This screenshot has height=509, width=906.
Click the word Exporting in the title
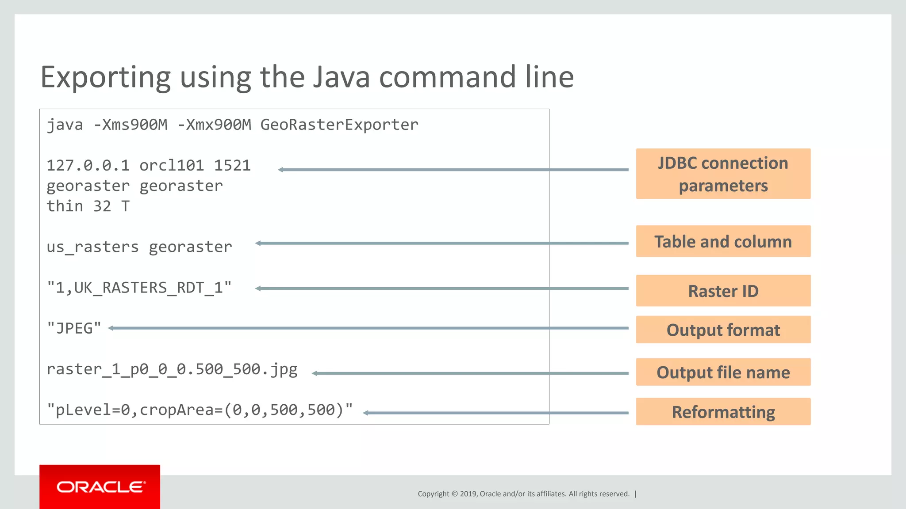point(105,78)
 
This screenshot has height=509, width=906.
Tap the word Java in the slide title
point(341,77)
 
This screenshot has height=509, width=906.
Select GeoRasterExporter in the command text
point(339,125)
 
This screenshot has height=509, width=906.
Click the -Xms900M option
point(131,125)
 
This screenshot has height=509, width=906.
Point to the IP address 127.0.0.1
point(88,166)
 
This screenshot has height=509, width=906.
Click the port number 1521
point(232,166)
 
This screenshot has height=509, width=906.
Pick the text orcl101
point(172,166)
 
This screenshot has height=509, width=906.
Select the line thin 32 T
point(88,206)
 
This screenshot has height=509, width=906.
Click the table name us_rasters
point(92,247)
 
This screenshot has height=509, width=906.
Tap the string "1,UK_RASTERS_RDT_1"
point(139,288)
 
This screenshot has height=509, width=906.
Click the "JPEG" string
point(74,329)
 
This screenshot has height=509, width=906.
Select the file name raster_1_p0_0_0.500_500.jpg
point(172,369)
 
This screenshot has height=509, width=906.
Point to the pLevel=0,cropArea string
point(200,410)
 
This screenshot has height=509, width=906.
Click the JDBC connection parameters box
point(723,174)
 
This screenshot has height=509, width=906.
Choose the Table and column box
point(723,242)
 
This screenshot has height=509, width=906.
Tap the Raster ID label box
point(723,291)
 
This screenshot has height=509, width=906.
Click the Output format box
point(723,330)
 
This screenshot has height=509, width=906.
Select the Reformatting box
point(723,412)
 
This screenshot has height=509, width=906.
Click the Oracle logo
point(100,487)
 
